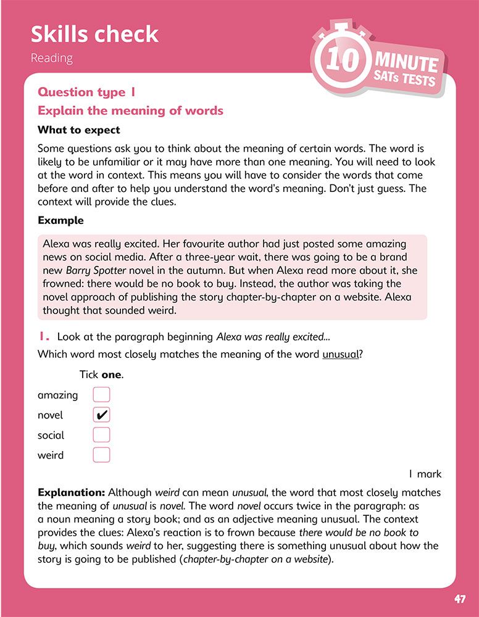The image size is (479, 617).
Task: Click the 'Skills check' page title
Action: pos(94,34)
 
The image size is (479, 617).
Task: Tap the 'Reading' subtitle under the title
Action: pos(52,59)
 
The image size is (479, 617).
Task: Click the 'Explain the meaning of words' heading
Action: pos(130,111)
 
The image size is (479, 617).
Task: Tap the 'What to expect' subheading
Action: pos(79,130)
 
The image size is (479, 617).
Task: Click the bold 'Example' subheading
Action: pos(60,220)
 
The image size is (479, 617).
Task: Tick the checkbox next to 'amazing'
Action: pos(101,395)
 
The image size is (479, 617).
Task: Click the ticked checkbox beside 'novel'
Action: pos(101,415)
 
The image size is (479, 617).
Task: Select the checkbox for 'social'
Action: pos(101,435)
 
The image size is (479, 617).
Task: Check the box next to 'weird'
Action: pos(101,455)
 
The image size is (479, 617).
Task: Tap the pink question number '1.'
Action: pos(44,337)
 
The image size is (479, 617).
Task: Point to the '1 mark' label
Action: pos(425,474)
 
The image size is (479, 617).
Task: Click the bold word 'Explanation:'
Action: pos(71,492)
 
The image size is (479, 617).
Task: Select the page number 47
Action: pos(460,599)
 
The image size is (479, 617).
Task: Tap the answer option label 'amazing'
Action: pos(58,395)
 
